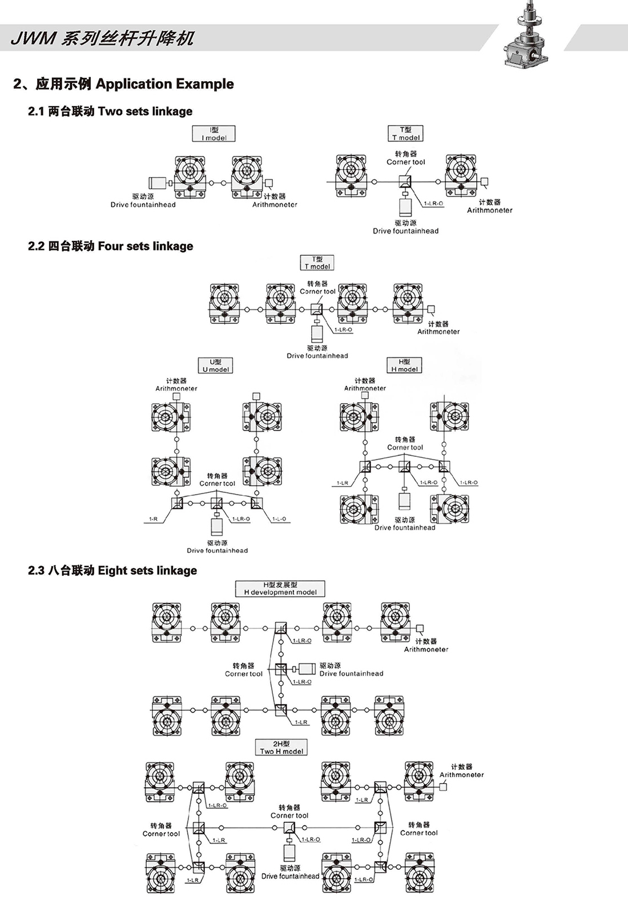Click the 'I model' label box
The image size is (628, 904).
pyautogui.click(x=214, y=134)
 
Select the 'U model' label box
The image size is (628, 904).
pyautogui.click(x=215, y=365)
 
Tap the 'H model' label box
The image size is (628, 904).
pyautogui.click(x=404, y=365)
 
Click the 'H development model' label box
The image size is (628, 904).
pyautogui.click(x=280, y=589)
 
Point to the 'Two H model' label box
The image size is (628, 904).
pyautogui.click(x=281, y=748)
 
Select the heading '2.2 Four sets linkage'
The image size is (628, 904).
pyautogui.click(x=110, y=246)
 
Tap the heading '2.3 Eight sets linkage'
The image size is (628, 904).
pyautogui.click(x=112, y=570)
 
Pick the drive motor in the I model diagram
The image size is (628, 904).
pyautogui.click(x=157, y=183)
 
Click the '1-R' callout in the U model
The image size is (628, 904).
pyautogui.click(x=153, y=519)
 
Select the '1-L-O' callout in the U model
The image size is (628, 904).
pyautogui.click(x=279, y=519)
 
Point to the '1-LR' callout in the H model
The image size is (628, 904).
pyautogui.click(x=342, y=483)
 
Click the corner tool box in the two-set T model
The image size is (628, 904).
pyautogui.click(x=405, y=182)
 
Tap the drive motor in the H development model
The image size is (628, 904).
pyautogui.click(x=307, y=669)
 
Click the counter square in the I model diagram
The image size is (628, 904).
pyautogui.click(x=269, y=183)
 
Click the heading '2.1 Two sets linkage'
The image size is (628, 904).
pyautogui.click(x=110, y=111)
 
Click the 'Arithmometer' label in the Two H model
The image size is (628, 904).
pyautogui.click(x=461, y=775)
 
